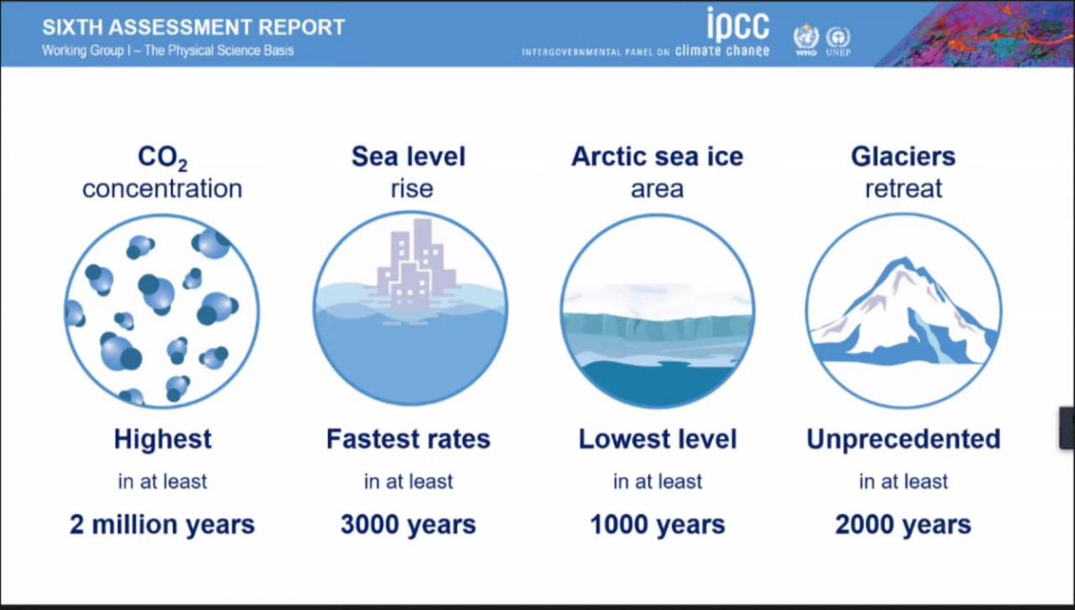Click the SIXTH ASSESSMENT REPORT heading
(x=193, y=28)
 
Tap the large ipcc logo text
(x=738, y=24)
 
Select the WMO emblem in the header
(x=806, y=39)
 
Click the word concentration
(x=162, y=189)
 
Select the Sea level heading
(x=408, y=156)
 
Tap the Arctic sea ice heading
(x=657, y=156)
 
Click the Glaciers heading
(x=903, y=156)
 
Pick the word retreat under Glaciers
(x=903, y=189)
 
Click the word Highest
(x=163, y=439)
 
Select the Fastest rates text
(x=408, y=439)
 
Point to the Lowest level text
(x=658, y=439)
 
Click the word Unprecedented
(x=903, y=440)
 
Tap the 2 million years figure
(x=162, y=524)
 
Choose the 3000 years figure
(x=408, y=524)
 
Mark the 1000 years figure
(x=658, y=524)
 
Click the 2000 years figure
(x=903, y=524)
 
